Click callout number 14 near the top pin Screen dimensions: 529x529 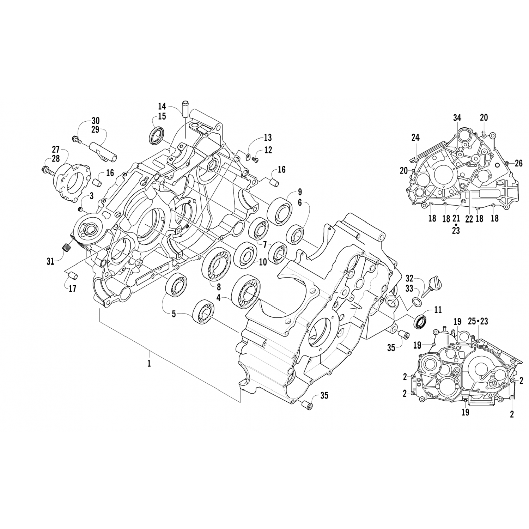pyautogui.click(x=162, y=106)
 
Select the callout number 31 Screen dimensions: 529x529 pyautogui.click(x=50, y=262)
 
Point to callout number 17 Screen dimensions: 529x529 pyautogui.click(x=72, y=289)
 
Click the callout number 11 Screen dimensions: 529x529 pyautogui.click(x=438, y=310)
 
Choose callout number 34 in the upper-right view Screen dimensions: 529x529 pyautogui.click(x=457, y=118)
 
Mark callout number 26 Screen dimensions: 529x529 pyautogui.click(x=518, y=163)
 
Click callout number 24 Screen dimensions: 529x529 pyautogui.click(x=415, y=138)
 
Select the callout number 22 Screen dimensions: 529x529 pyautogui.click(x=469, y=219)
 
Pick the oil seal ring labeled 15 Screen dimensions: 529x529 pyautogui.click(x=157, y=135)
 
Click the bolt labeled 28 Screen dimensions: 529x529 pyautogui.click(x=47, y=171)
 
